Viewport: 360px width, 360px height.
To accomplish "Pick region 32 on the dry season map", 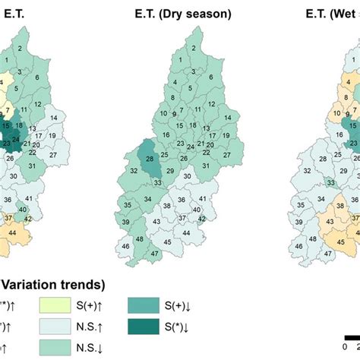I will coord(134,193).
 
